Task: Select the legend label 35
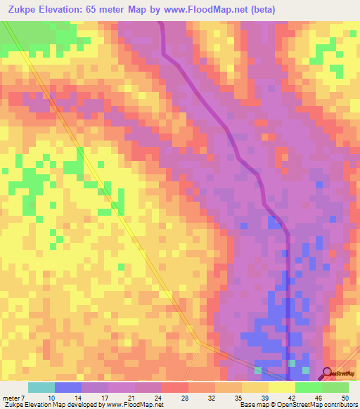click(x=240, y=398)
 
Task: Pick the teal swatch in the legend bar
click(x=41, y=387)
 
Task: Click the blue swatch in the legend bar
click(x=67, y=387)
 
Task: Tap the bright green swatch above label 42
click(x=308, y=387)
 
